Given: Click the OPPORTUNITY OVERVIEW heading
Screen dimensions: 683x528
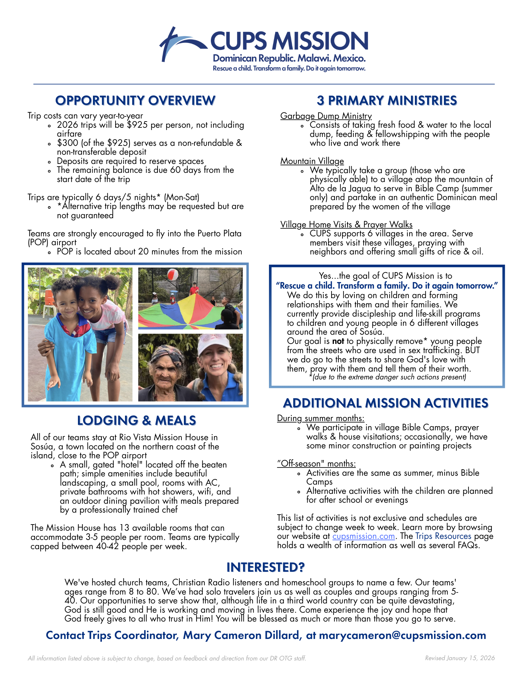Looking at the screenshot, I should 135,101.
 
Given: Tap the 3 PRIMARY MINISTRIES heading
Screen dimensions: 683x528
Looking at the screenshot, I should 387,101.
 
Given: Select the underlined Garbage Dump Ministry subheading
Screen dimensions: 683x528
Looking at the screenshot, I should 326,116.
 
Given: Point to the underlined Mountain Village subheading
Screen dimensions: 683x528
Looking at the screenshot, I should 312,161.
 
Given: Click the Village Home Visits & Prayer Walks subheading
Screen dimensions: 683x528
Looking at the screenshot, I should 346,224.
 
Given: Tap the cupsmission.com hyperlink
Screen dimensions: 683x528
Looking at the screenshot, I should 363,536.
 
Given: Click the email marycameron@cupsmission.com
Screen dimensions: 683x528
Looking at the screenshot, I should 402,635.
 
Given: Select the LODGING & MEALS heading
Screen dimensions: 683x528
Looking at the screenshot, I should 136,421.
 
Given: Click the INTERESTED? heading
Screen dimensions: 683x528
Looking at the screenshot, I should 266,567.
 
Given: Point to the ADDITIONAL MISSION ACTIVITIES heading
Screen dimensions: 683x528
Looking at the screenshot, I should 385,403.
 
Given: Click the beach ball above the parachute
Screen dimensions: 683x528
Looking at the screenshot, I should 173,275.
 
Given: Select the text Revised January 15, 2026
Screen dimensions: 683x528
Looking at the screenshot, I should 460,658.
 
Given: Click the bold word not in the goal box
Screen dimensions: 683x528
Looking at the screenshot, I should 338,341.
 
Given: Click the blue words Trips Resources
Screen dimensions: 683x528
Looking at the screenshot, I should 443,536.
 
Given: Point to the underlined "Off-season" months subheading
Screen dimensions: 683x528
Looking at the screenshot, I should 316,463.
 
